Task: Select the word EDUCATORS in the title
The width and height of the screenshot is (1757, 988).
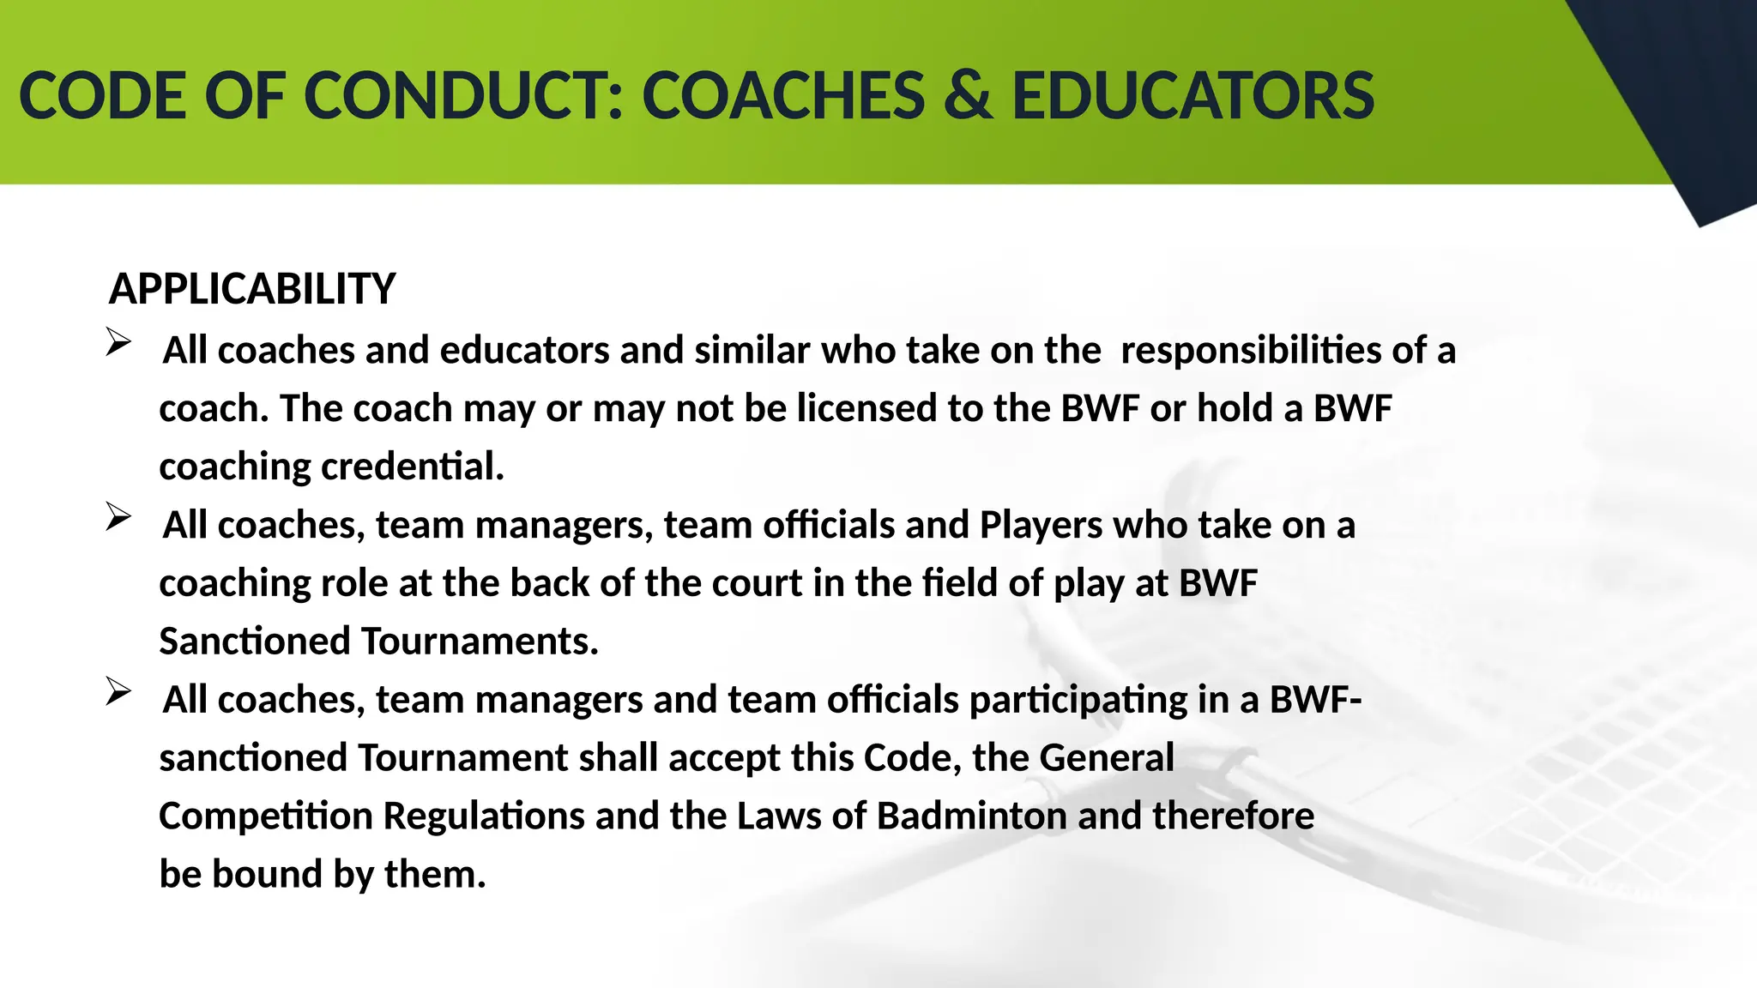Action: [1193, 95]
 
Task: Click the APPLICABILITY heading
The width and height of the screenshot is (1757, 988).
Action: [252, 289]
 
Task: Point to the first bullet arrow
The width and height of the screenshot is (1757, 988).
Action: [118, 342]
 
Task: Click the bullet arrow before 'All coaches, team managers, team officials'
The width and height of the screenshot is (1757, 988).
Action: [118, 517]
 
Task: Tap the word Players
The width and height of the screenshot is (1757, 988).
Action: [1041, 525]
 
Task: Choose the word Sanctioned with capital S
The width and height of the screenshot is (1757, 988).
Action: [255, 642]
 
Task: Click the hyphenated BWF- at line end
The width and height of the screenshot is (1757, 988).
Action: [1315, 700]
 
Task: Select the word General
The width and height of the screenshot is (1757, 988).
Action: [1106, 758]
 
